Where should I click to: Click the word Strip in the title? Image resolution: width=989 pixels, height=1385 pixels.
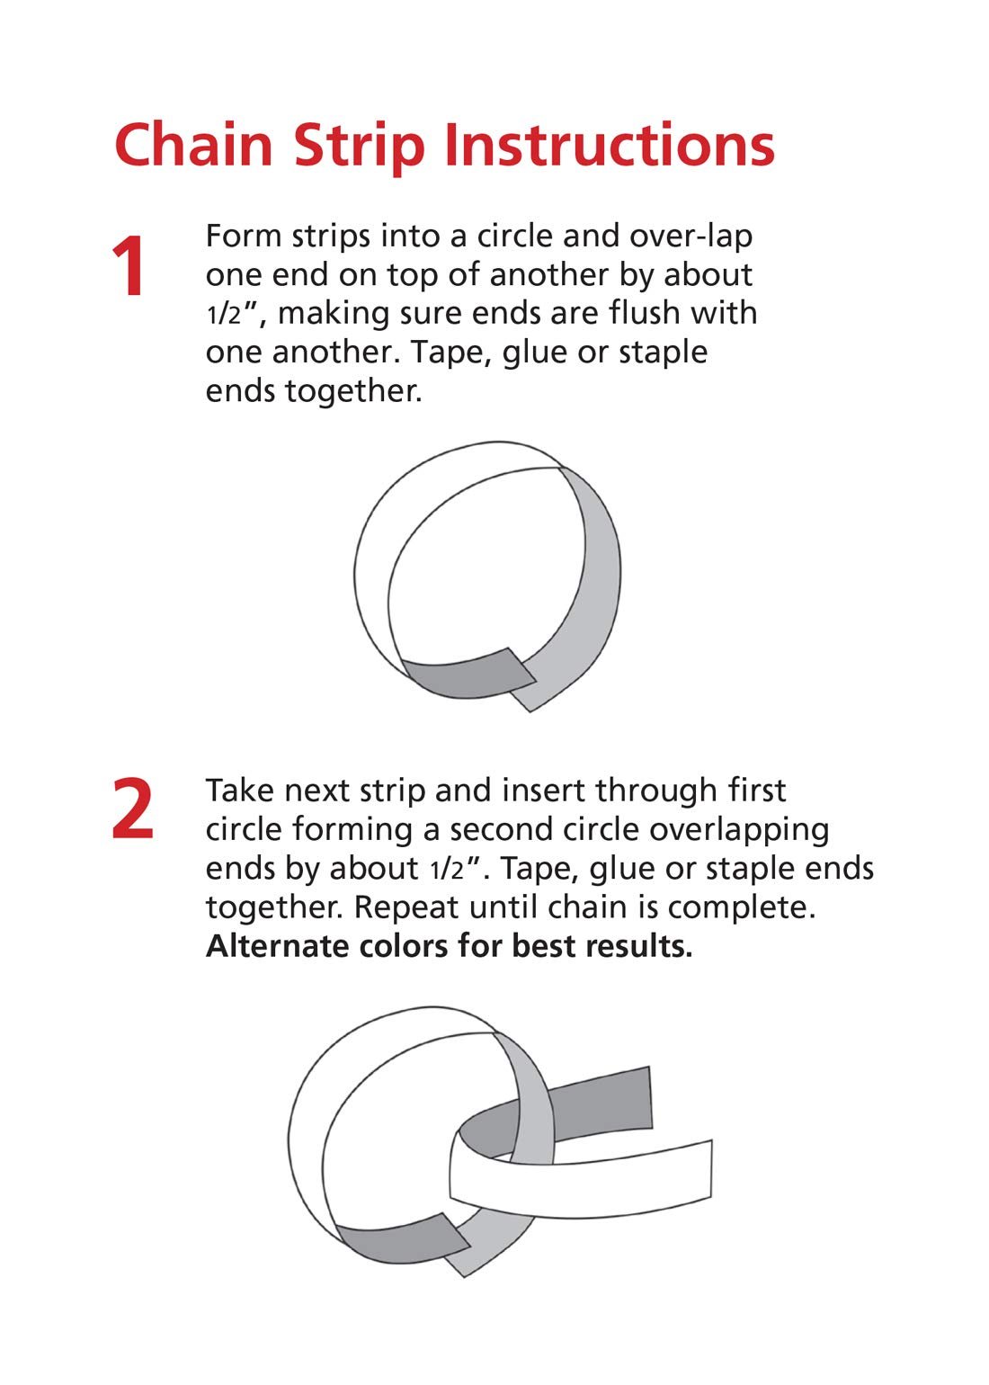[360, 149]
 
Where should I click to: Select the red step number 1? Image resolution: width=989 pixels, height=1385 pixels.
[129, 266]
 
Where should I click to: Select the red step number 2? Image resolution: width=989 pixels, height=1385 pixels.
[132, 809]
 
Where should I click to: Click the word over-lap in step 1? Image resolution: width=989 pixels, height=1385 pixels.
[691, 237]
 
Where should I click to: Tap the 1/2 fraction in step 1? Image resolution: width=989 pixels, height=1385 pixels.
[223, 316]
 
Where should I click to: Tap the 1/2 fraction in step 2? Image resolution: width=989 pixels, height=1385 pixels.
[446, 871]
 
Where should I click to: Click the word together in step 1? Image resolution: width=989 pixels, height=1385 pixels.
[353, 392]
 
